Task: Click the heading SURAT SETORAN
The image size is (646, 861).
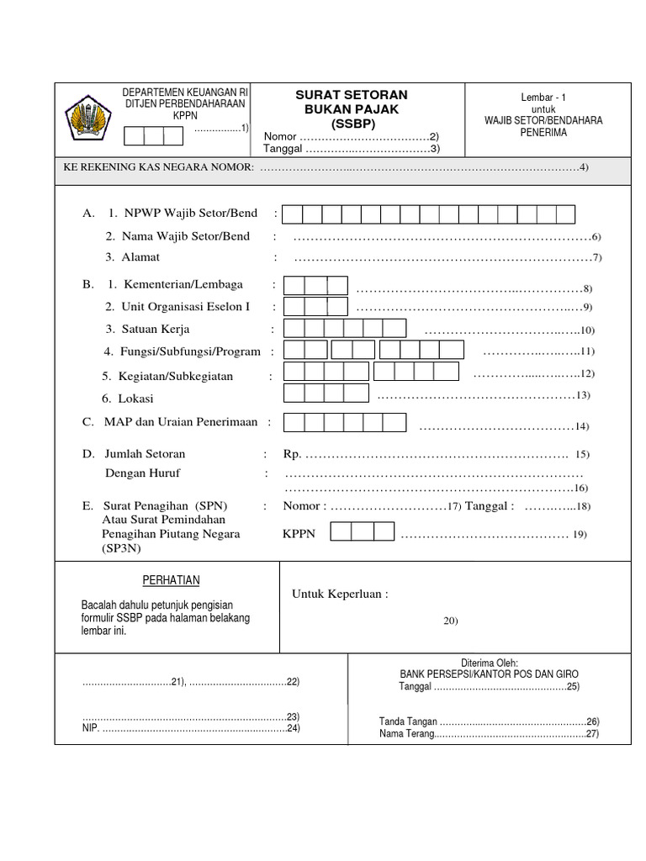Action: [352, 95]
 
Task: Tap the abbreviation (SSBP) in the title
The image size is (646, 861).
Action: [352, 124]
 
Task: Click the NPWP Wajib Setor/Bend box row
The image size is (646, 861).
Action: [429, 214]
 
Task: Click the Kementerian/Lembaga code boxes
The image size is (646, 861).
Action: [315, 286]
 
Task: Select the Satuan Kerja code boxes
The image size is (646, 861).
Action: [345, 329]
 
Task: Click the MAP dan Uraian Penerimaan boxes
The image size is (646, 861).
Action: [345, 423]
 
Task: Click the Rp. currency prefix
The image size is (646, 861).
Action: [292, 455]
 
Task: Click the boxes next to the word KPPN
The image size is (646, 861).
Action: [362, 532]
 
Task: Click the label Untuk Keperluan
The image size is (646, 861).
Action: [340, 595]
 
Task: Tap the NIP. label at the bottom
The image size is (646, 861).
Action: [90, 728]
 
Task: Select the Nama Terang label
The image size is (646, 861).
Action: [405, 734]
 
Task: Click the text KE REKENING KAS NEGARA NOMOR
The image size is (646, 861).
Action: [159, 167]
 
